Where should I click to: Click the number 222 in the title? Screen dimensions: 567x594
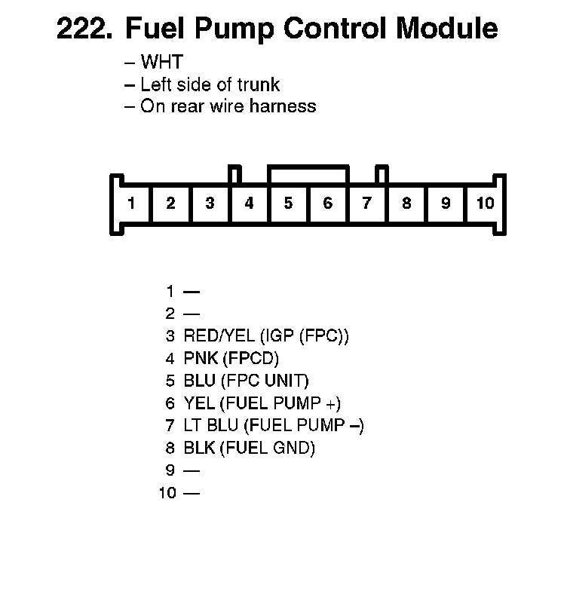point(84,29)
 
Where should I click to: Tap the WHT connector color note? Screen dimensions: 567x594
point(161,63)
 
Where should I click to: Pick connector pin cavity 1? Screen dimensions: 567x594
point(131,203)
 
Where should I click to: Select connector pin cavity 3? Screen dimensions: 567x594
point(210,203)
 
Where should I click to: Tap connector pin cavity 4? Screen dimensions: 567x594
point(249,203)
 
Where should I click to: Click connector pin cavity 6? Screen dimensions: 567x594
point(327,203)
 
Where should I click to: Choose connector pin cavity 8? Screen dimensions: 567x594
point(406,203)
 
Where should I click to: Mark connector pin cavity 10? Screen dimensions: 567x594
point(485,203)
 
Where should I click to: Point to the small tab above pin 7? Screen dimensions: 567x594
point(382,174)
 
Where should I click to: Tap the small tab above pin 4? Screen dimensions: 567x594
point(234,174)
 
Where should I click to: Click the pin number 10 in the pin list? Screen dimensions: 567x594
point(167,494)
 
